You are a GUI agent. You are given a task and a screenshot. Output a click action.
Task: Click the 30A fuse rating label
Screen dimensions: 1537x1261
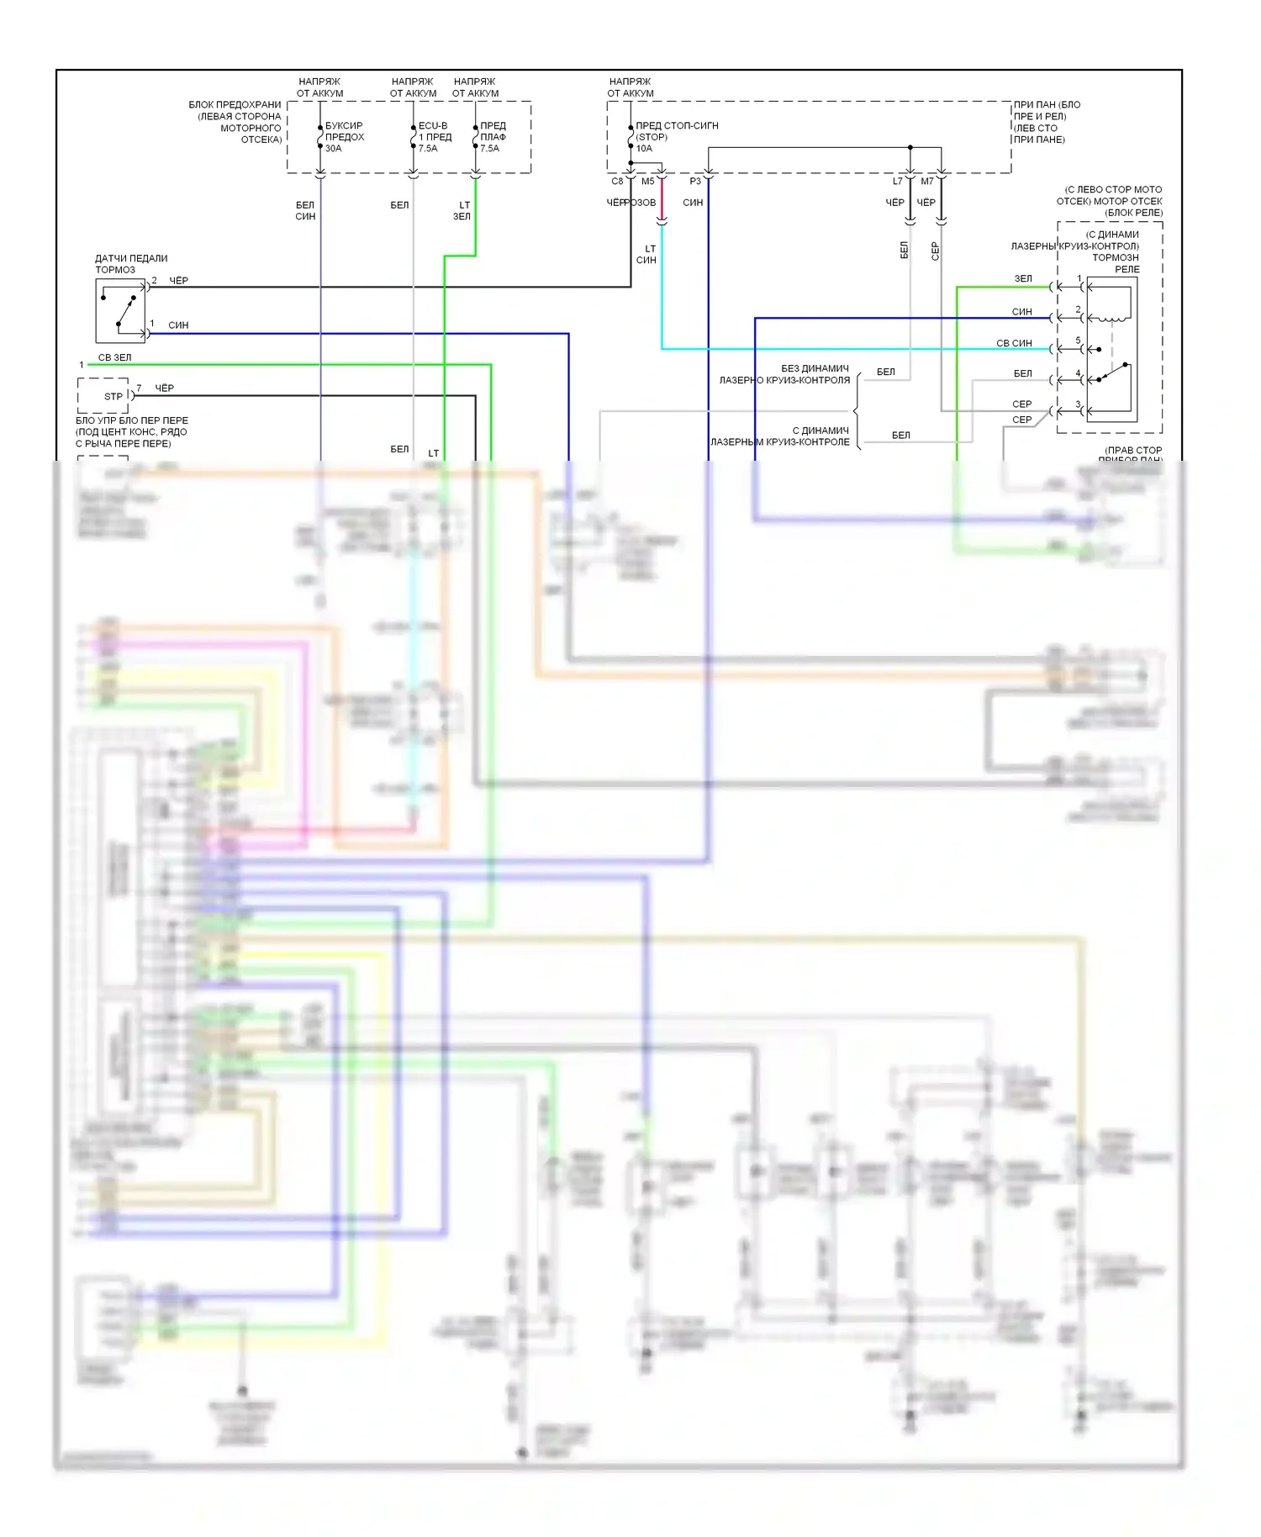point(334,149)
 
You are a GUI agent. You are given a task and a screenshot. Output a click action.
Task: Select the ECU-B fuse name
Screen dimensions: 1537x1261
point(433,125)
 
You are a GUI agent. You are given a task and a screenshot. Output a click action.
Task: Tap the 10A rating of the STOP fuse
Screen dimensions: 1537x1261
point(644,149)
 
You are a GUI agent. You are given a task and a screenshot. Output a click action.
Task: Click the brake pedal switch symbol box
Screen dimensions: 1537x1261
point(120,311)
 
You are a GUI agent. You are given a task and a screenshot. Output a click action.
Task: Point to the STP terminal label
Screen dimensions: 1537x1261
point(113,396)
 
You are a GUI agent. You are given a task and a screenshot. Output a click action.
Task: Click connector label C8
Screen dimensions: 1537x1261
point(617,182)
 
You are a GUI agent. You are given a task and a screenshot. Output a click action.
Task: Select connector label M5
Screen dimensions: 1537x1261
point(647,182)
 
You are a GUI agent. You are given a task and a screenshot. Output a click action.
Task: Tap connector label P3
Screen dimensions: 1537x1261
point(695,182)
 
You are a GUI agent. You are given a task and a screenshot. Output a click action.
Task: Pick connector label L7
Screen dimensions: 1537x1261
point(897,182)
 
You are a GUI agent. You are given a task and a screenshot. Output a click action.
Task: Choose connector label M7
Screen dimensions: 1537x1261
point(927,182)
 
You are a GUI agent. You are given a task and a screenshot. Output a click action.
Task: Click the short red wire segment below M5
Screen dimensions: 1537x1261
point(662,199)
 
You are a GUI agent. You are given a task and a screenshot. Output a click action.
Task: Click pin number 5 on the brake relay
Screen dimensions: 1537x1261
point(1079,341)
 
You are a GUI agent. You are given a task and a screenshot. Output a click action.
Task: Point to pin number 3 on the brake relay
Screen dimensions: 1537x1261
point(1079,404)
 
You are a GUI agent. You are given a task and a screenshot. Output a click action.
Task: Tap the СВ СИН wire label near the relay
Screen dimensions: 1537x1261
point(1014,343)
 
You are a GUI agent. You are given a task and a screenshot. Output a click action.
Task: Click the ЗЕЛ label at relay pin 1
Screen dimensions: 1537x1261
point(1023,278)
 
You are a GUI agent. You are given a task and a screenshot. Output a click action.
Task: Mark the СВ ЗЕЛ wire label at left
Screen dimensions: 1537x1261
point(114,357)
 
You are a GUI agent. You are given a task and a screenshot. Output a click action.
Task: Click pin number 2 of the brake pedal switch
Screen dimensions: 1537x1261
point(154,281)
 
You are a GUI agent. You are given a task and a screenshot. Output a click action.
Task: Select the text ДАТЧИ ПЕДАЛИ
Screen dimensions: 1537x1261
point(131,258)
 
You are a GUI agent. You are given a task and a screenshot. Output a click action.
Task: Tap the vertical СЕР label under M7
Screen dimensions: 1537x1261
point(935,251)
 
